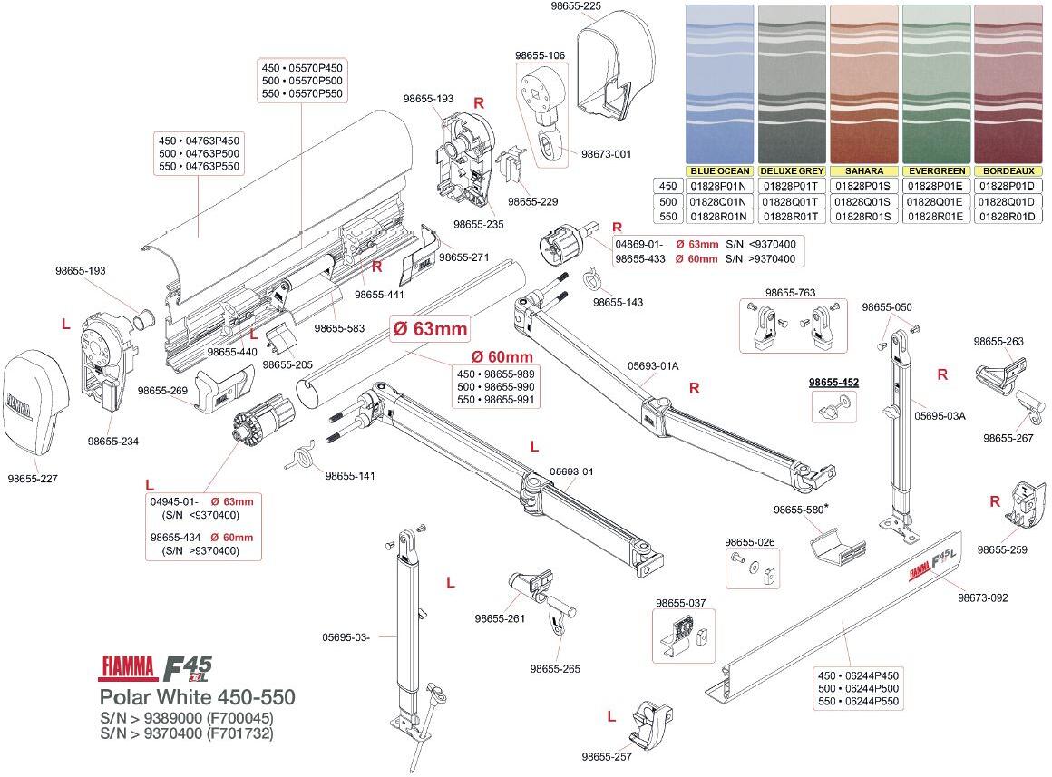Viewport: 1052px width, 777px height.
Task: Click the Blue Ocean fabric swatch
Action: point(719,84)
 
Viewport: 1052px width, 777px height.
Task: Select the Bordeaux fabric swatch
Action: point(1008,84)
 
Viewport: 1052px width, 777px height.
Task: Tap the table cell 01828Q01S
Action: point(863,201)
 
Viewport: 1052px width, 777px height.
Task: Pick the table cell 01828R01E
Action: point(936,217)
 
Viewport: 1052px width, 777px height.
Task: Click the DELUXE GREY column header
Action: point(792,170)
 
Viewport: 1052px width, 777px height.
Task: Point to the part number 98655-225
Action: point(576,6)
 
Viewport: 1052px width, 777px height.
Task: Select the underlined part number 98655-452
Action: point(833,384)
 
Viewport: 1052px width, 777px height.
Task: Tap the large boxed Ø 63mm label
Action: point(430,328)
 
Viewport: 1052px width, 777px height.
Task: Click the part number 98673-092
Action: point(983,597)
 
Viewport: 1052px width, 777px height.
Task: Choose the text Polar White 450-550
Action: point(197,698)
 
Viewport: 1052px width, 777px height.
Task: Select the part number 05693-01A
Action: point(652,366)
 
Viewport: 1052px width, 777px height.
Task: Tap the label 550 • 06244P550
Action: point(858,702)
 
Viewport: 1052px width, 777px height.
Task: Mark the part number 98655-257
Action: point(607,756)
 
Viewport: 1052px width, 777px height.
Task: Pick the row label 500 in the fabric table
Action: point(668,201)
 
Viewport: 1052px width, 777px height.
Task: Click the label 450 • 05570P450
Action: point(302,68)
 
